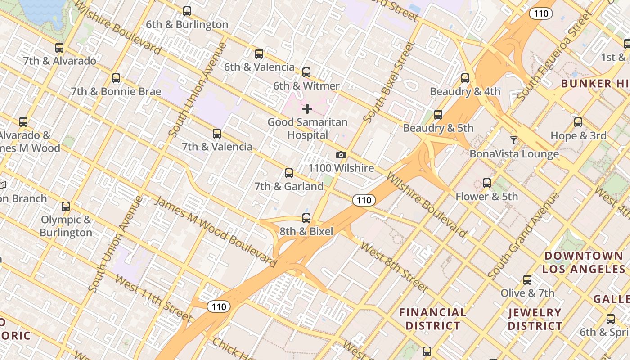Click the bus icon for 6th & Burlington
[x=187, y=11]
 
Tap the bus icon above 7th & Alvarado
[x=59, y=48]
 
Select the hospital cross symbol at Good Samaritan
[x=307, y=109]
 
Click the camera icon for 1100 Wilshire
[x=341, y=155]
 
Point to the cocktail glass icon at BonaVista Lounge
[x=513, y=140]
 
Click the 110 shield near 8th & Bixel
[x=364, y=200]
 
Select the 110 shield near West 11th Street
[x=219, y=307]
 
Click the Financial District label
[x=433, y=319]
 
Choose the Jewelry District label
[x=535, y=319]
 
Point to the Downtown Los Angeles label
[x=584, y=262]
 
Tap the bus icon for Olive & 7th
[x=527, y=280]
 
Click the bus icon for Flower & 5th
[x=487, y=183]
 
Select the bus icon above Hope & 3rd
[x=578, y=122]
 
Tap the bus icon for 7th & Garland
[x=289, y=173]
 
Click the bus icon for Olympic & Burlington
[x=66, y=207]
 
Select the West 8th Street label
[x=394, y=267]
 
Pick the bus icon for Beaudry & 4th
[x=465, y=78]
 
